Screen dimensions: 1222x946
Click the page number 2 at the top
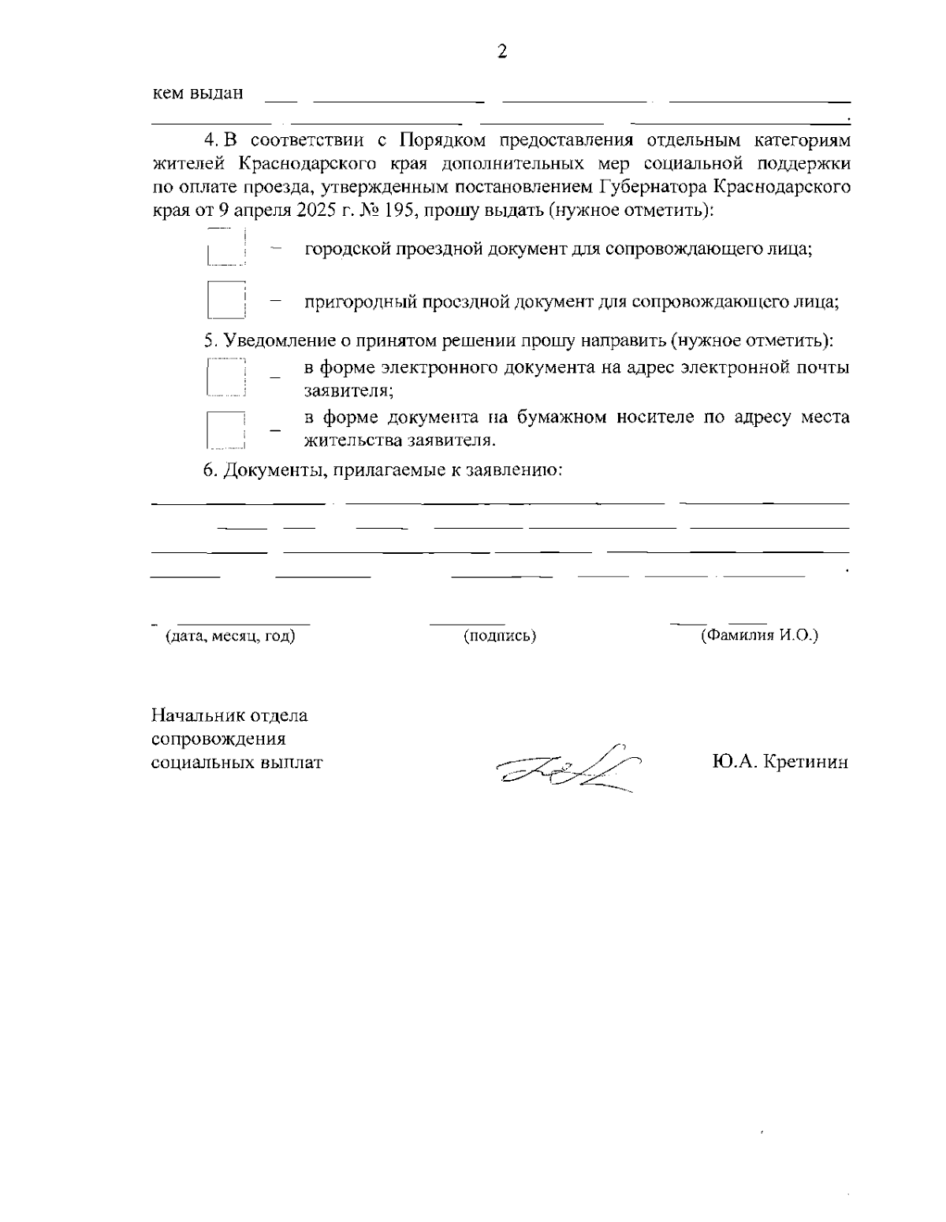pyautogui.click(x=501, y=52)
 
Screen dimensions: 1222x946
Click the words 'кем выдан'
pyautogui.click(x=197, y=93)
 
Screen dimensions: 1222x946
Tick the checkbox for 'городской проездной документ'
pyautogui.click(x=226, y=248)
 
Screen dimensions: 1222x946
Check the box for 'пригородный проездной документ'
pyautogui.click(x=226, y=300)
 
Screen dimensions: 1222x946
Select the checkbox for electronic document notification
pyautogui.click(x=226, y=377)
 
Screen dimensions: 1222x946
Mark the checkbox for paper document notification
pyautogui.click(x=226, y=429)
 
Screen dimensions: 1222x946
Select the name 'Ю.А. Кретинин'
pyautogui.click(x=779, y=762)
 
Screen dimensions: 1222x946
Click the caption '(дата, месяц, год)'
pyautogui.click(x=229, y=636)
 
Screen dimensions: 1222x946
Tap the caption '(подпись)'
pyautogui.click(x=500, y=636)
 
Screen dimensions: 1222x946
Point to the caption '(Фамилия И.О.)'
pyautogui.click(x=759, y=635)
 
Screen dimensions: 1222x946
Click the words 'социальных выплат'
pyautogui.click(x=236, y=763)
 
